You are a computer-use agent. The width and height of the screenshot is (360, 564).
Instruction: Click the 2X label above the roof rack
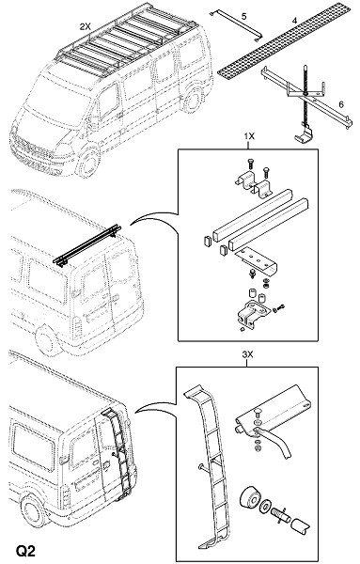point(85,26)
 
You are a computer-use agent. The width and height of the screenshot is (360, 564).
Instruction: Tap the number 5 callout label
point(244,16)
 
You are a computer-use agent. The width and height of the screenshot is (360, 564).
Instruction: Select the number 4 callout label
point(295,21)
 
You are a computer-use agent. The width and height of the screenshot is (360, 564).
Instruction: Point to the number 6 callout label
point(341,104)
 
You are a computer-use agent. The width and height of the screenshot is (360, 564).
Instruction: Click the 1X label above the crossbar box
point(249,136)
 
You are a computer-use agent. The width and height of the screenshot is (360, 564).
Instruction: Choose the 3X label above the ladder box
point(248,354)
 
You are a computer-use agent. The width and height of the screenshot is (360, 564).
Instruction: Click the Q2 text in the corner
point(25,551)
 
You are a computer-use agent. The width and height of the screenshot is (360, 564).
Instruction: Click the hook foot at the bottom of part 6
point(304,134)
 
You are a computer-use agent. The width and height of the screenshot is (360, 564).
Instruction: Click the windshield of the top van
point(57,100)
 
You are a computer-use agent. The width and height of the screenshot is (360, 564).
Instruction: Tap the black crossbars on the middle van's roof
point(87,245)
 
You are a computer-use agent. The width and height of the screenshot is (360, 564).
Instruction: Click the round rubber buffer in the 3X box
point(248,498)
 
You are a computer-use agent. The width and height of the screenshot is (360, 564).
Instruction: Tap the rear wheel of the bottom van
point(33,510)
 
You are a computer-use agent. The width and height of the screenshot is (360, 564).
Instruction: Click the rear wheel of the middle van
point(48,340)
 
